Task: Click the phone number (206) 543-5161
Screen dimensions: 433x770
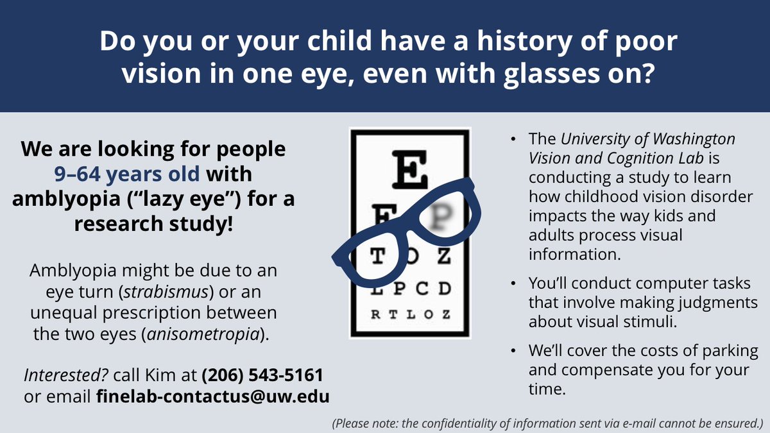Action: click(262, 374)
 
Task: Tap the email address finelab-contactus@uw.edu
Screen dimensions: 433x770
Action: click(212, 396)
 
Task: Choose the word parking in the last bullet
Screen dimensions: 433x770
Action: click(726, 352)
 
